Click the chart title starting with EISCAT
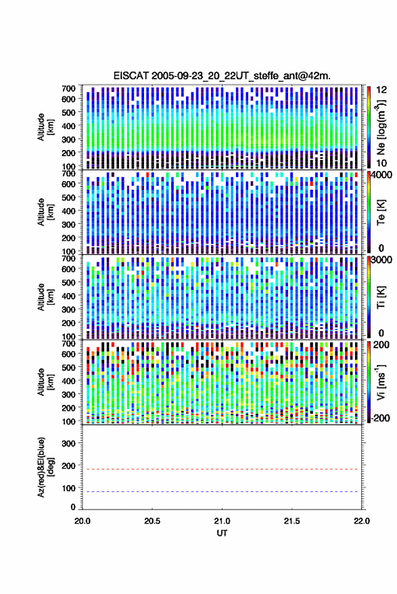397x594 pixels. click(x=222, y=76)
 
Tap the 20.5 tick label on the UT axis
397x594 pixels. click(x=152, y=521)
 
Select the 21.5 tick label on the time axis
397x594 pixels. click(x=291, y=521)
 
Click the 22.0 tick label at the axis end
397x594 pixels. click(x=361, y=521)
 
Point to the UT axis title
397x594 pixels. click(x=222, y=533)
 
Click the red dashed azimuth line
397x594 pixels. click(x=222, y=469)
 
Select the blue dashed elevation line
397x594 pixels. click(x=222, y=492)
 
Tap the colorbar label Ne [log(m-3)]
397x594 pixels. click(x=381, y=127)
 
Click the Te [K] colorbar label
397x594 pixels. click(x=381, y=212)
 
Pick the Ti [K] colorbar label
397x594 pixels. click(x=381, y=297)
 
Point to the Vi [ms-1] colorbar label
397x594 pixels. click(x=381, y=382)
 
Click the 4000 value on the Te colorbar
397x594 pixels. click(x=383, y=176)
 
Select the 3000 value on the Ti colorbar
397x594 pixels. click(x=383, y=260)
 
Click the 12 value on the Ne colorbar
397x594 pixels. click(x=381, y=90)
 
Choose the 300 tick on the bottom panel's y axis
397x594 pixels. click(x=68, y=443)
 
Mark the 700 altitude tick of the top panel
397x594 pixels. click(x=68, y=89)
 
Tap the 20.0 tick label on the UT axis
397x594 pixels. click(x=83, y=521)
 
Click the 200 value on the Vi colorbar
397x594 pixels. click(x=381, y=345)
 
